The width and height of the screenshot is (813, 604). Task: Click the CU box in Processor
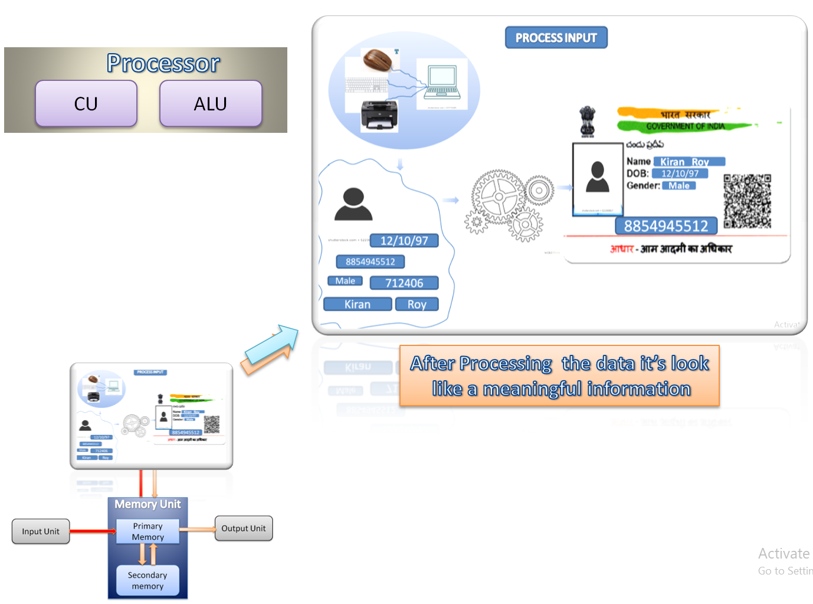(86, 104)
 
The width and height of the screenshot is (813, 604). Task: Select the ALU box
(211, 104)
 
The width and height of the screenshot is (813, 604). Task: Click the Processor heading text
(163, 63)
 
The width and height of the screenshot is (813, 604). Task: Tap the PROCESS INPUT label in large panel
(556, 38)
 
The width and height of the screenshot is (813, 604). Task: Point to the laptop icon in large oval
(442, 83)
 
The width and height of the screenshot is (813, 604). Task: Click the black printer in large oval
(379, 115)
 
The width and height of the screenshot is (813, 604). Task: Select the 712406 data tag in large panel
(404, 283)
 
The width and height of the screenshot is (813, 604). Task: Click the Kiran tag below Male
(358, 304)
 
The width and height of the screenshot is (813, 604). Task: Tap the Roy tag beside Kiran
(417, 304)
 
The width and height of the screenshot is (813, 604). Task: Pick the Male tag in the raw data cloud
(345, 281)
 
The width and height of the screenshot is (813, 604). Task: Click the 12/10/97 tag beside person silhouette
(404, 240)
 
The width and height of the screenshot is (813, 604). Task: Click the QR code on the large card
(748, 201)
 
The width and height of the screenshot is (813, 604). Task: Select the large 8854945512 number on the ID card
(666, 226)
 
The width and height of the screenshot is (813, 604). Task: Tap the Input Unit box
(41, 531)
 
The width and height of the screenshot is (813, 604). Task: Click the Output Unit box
(243, 528)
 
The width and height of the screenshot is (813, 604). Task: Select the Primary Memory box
(147, 531)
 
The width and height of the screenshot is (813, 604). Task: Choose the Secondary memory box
(147, 580)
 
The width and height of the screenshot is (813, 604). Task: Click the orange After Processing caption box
(559, 376)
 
